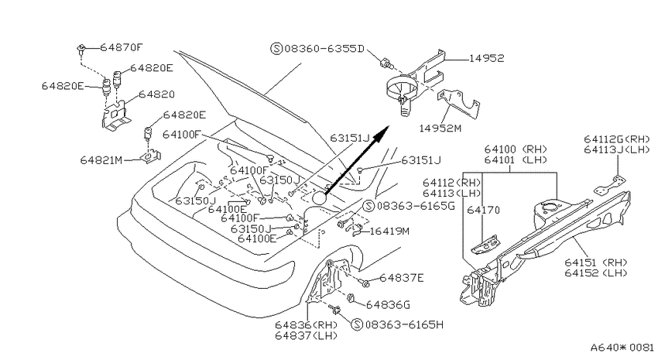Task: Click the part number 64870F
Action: [122, 47]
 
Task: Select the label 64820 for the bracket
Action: [156, 94]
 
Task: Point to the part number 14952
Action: [486, 58]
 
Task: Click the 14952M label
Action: [440, 128]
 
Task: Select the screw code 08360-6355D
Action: [324, 49]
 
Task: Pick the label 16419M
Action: [389, 231]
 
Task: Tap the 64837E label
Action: [402, 278]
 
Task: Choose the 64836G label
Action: [388, 304]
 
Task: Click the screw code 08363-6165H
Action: [403, 324]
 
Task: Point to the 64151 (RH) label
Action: [595, 262]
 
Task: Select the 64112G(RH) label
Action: [616, 139]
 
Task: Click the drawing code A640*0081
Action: [622, 348]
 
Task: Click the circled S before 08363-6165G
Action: [368, 206]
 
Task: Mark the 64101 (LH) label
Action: [516, 159]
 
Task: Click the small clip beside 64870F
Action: [81, 49]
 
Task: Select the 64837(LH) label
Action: [307, 336]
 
